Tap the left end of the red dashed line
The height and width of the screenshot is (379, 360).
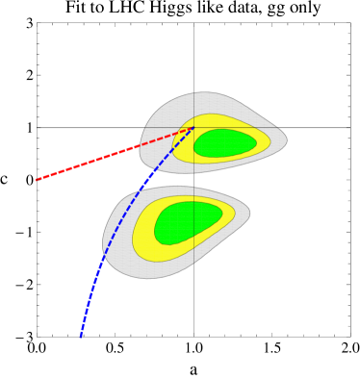coord(37,180)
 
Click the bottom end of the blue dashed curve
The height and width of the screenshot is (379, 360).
coord(80,338)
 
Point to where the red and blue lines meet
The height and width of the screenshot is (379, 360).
coord(193,127)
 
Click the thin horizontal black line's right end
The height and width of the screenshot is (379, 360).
coord(280,127)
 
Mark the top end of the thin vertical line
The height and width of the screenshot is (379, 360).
coord(193,93)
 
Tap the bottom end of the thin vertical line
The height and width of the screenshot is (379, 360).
coord(193,262)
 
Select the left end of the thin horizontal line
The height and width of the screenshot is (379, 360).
coord(144,127)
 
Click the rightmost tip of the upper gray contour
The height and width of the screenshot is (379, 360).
coord(287,139)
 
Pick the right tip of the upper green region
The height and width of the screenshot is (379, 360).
coord(257,142)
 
